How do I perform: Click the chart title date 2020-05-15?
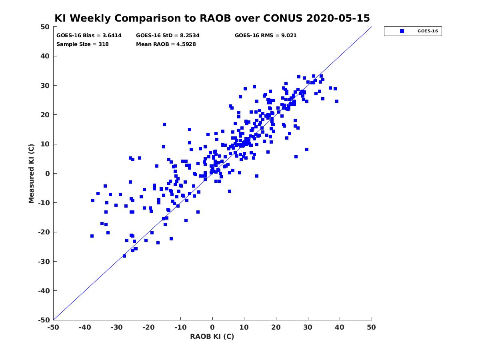click(338, 18)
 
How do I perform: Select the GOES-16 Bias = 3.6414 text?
click(89, 36)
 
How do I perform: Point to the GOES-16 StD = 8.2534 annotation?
click(168, 36)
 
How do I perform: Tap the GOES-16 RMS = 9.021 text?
click(266, 36)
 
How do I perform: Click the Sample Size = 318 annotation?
click(82, 44)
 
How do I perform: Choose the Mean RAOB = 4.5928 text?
click(166, 44)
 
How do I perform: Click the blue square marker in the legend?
click(402, 31)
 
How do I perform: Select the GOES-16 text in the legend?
click(428, 31)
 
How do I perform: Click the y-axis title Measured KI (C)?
click(31, 173)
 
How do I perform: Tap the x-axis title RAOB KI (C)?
click(212, 336)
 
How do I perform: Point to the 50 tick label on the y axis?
click(45, 27)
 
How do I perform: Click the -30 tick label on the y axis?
click(44, 262)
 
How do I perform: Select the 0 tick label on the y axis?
click(48, 174)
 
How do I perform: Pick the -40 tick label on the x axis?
click(85, 327)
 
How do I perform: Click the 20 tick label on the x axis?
click(276, 327)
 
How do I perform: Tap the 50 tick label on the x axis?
click(371, 327)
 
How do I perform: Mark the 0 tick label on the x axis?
click(212, 327)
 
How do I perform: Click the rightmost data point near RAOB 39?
click(337, 101)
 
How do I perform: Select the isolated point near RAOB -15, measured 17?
click(164, 124)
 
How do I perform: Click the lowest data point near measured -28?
click(124, 256)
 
